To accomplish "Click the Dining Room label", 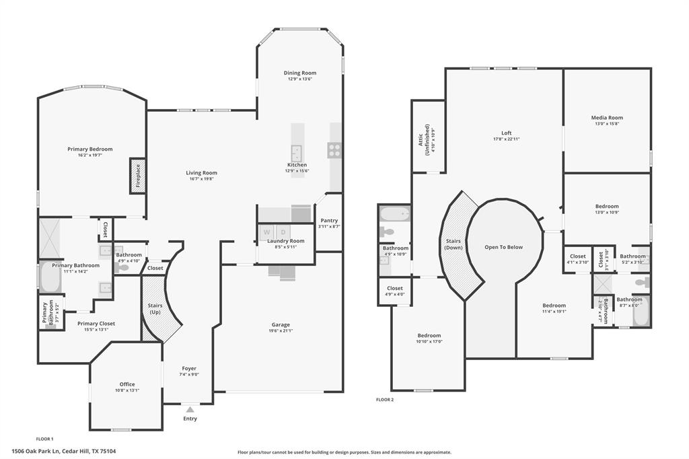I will (299, 73).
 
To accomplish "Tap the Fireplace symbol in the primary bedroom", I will (138, 176).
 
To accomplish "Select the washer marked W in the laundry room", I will (266, 232).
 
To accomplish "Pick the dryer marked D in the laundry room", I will (283, 232).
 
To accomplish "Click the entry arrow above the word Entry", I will (190, 409).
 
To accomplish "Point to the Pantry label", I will (329, 221).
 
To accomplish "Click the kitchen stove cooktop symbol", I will (334, 150).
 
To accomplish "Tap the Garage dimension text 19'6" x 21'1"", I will (281, 330).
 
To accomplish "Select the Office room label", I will (127, 384).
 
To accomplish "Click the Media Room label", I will (607, 118).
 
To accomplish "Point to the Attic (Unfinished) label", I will (425, 139).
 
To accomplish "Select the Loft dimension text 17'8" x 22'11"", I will (506, 139).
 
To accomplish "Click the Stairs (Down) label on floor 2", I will (451, 244).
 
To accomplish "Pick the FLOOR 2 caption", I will (385, 400).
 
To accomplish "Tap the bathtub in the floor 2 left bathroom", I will (394, 214).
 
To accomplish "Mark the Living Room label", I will (201, 173).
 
